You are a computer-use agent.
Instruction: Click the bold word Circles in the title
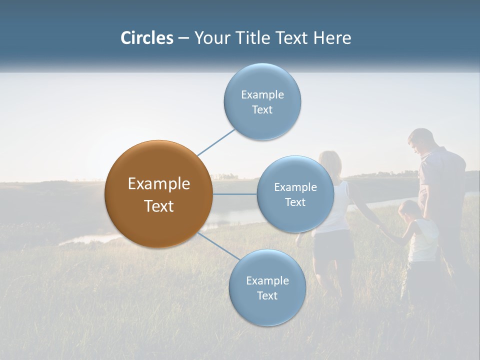tap(146, 38)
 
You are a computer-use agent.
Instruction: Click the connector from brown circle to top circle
tap(216, 142)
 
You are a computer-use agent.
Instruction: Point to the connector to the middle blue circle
tap(234, 194)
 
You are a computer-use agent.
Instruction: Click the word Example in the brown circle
tap(158, 184)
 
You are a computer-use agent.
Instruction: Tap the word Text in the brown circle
tap(158, 206)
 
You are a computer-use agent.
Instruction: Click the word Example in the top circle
tap(262, 95)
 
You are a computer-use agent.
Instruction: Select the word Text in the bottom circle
tap(267, 296)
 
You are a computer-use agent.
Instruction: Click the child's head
tap(409, 209)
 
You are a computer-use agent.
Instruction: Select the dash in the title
tap(183, 38)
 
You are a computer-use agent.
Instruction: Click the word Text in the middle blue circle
tap(295, 202)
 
